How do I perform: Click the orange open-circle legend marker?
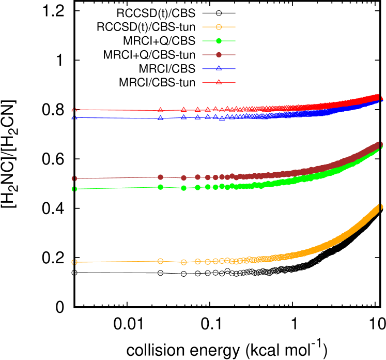click(x=219, y=27)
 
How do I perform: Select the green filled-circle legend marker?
click(x=219, y=41)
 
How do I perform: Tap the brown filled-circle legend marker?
click(x=219, y=55)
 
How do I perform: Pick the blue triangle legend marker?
click(x=219, y=68)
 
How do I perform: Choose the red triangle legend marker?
click(x=219, y=82)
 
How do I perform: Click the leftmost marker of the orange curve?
click(x=74, y=262)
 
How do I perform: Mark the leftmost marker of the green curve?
click(x=74, y=189)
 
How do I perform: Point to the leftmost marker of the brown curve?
click(x=74, y=178)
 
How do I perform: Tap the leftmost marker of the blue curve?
click(x=74, y=118)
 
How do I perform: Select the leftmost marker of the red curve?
click(x=74, y=110)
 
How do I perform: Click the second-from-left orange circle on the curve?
click(x=160, y=261)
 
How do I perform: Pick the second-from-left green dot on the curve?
click(x=160, y=187)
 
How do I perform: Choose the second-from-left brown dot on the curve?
click(x=160, y=177)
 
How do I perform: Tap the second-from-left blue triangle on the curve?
click(x=160, y=118)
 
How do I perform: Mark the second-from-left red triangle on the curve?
click(x=160, y=110)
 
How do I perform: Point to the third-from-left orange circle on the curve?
click(x=183, y=262)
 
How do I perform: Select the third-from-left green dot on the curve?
click(x=183, y=188)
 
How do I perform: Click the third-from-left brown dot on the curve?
click(x=183, y=178)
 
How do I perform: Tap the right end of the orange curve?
click(x=381, y=207)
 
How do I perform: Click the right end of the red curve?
click(x=381, y=97)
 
